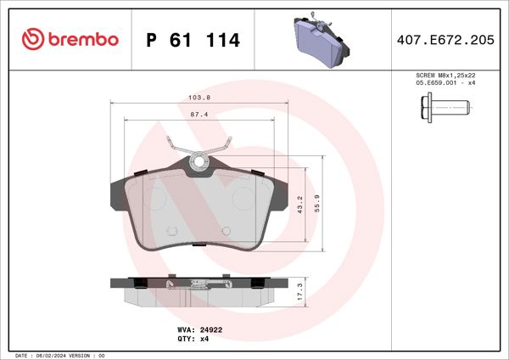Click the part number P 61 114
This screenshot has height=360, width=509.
[x=193, y=40]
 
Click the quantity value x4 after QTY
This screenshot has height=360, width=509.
[x=204, y=338]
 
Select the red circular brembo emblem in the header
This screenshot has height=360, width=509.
[x=32, y=40]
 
